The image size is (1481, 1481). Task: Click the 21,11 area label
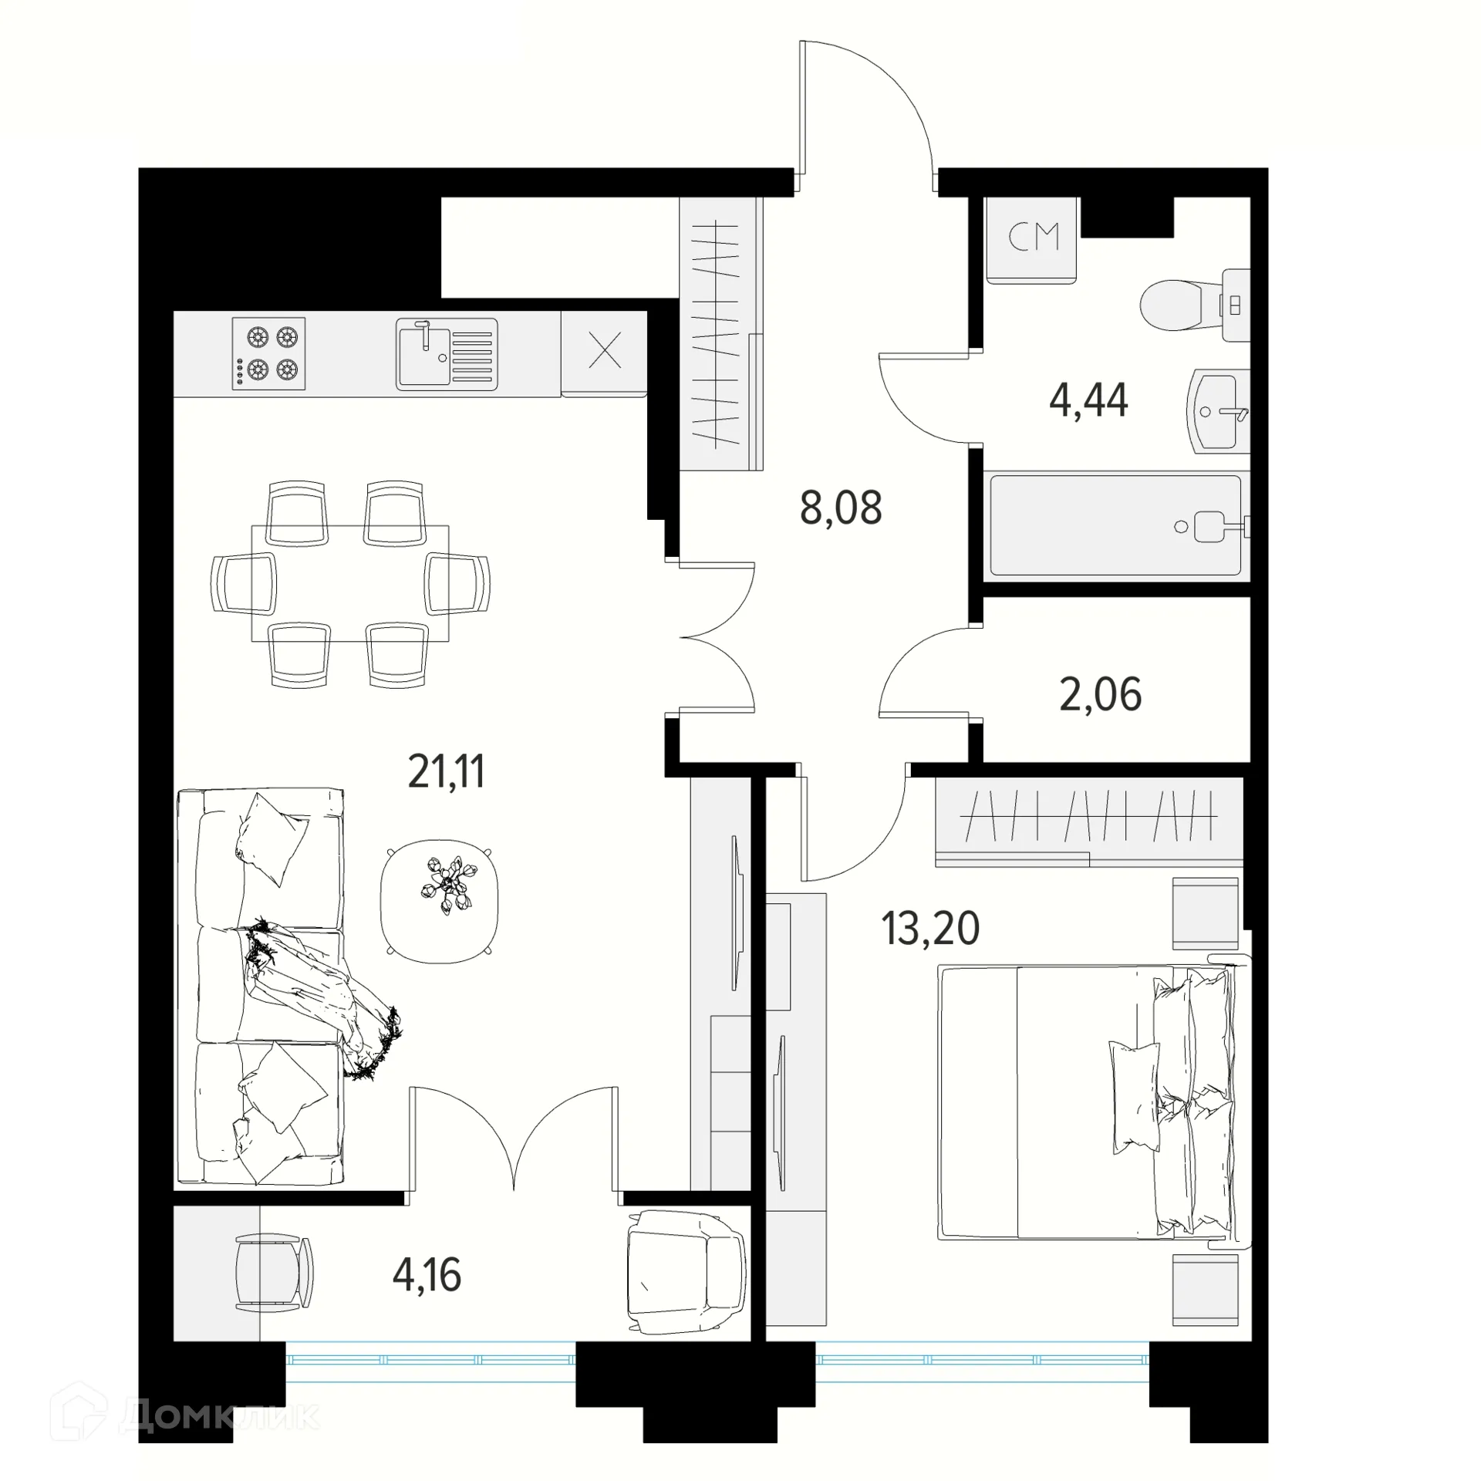446,771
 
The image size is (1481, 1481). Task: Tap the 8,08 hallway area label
841,508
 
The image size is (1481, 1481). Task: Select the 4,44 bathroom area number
1088,400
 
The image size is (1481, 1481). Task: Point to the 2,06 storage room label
1100,694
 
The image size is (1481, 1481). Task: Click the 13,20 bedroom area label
930,928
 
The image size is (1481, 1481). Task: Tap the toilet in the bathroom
1180,305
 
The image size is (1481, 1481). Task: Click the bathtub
1114,525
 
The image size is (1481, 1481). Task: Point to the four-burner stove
268,353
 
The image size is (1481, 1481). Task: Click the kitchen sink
447,354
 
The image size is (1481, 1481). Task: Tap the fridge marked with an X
604,353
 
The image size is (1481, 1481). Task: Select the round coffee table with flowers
440,901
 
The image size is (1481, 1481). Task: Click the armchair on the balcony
685,1272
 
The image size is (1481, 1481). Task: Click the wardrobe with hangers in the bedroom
1088,818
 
